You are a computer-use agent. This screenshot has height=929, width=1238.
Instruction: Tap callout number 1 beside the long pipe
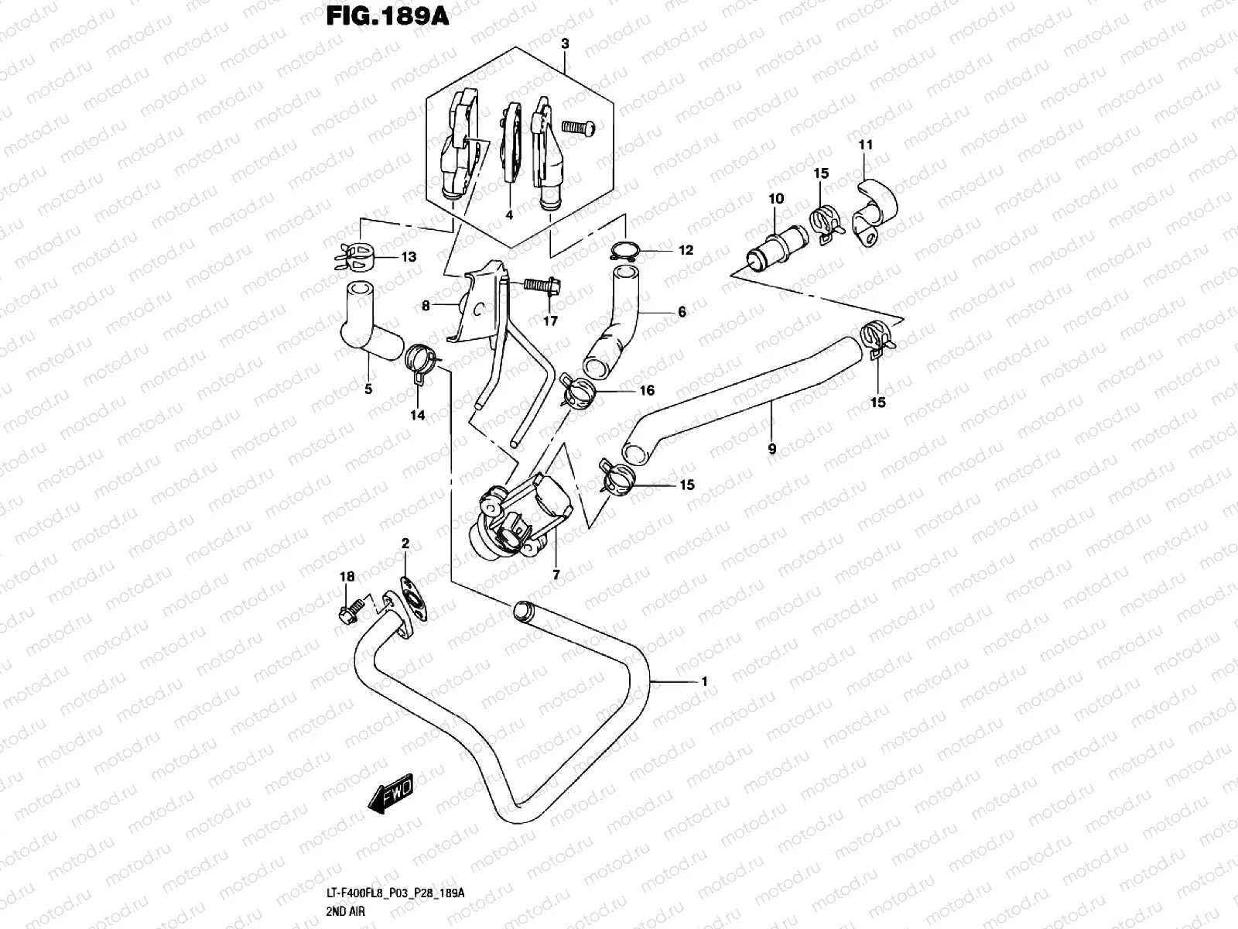pyautogui.click(x=703, y=682)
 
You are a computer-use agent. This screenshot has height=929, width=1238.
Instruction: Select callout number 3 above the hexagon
pyautogui.click(x=565, y=44)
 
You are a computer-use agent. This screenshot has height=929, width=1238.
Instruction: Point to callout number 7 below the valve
pyautogui.click(x=555, y=575)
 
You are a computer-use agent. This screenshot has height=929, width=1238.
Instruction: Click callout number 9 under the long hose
pyautogui.click(x=771, y=448)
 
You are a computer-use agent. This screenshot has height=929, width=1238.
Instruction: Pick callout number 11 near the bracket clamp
pyautogui.click(x=865, y=145)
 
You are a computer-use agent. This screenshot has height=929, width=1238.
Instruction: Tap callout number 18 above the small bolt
pyautogui.click(x=347, y=577)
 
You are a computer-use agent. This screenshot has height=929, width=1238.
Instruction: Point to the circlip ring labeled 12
pyautogui.click(x=625, y=250)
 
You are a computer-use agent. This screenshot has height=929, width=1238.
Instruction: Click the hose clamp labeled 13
pyautogui.click(x=357, y=257)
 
